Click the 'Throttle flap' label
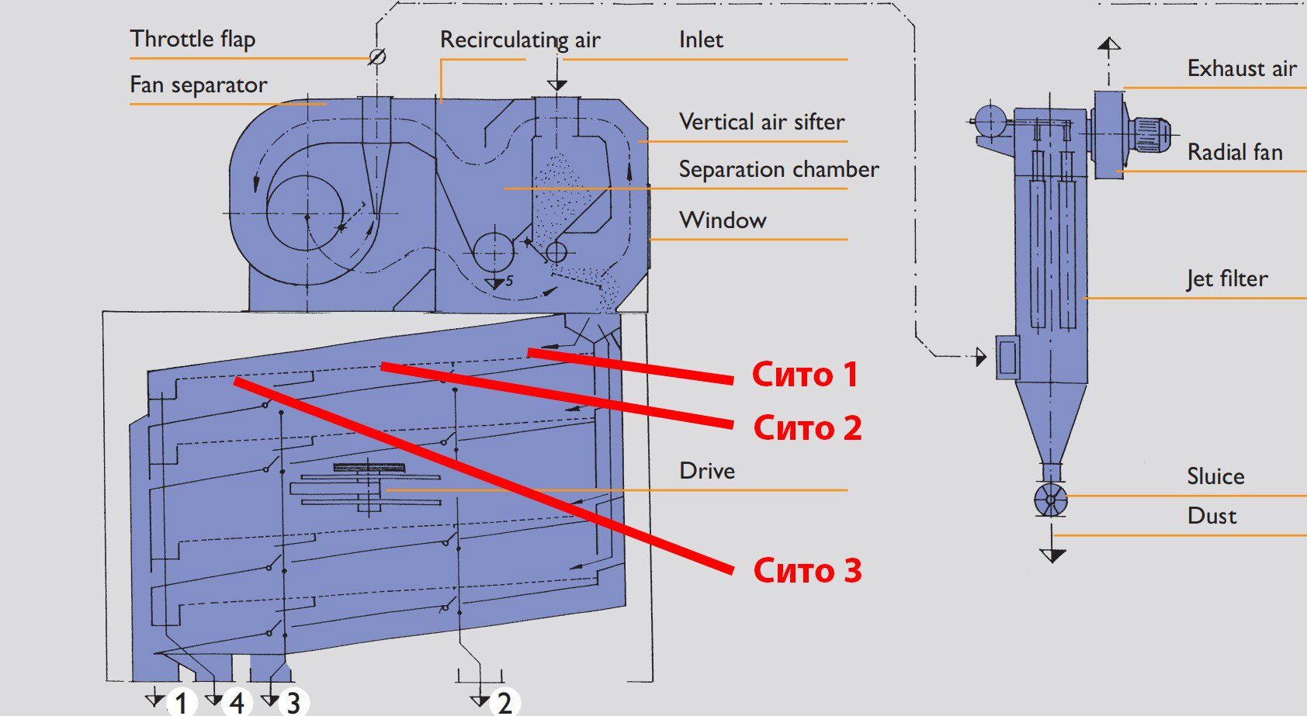coord(192,40)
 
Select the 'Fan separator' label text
coord(199,85)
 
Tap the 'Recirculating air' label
coord(520,40)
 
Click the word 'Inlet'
coord(701,40)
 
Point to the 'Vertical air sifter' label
coord(761,122)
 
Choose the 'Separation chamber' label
coord(778,170)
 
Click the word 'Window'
coord(723,220)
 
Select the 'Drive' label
coord(706,471)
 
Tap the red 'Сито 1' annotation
coord(805,375)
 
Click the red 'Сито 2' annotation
coord(807,427)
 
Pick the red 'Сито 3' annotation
coord(807,569)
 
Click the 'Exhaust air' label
coord(1242,69)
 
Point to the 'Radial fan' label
coord(1235,152)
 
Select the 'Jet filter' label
coord(1227,278)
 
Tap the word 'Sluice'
coord(1215,477)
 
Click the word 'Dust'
coord(1212,516)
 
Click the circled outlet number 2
coord(504,702)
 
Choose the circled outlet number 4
coord(236,702)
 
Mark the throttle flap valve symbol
coord(377,57)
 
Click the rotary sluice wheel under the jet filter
coord(1051,499)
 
